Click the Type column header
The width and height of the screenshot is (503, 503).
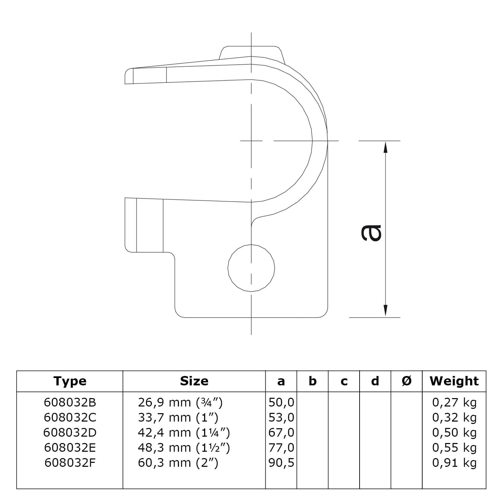(x=70, y=381)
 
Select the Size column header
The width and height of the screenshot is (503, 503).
(x=194, y=381)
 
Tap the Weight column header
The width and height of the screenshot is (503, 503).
(x=454, y=381)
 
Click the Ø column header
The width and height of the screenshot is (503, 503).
(x=406, y=381)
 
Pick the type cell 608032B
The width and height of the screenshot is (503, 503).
(x=70, y=402)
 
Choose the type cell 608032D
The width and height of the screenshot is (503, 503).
(x=70, y=433)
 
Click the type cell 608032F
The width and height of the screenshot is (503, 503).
(x=70, y=463)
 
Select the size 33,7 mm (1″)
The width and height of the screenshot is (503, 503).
(x=178, y=418)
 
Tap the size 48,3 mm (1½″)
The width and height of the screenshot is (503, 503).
(x=184, y=448)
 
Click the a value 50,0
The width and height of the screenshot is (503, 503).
(x=281, y=402)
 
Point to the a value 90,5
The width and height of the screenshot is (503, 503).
(x=281, y=463)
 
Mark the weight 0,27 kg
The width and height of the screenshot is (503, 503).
(x=454, y=402)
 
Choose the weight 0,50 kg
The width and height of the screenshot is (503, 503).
(x=454, y=433)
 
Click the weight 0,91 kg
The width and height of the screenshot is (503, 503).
(x=454, y=463)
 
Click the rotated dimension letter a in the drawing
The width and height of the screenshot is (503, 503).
(x=371, y=233)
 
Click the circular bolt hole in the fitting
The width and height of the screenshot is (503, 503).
(x=251, y=268)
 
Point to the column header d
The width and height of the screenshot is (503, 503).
(x=375, y=381)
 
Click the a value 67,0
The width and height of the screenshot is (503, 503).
(x=281, y=433)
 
